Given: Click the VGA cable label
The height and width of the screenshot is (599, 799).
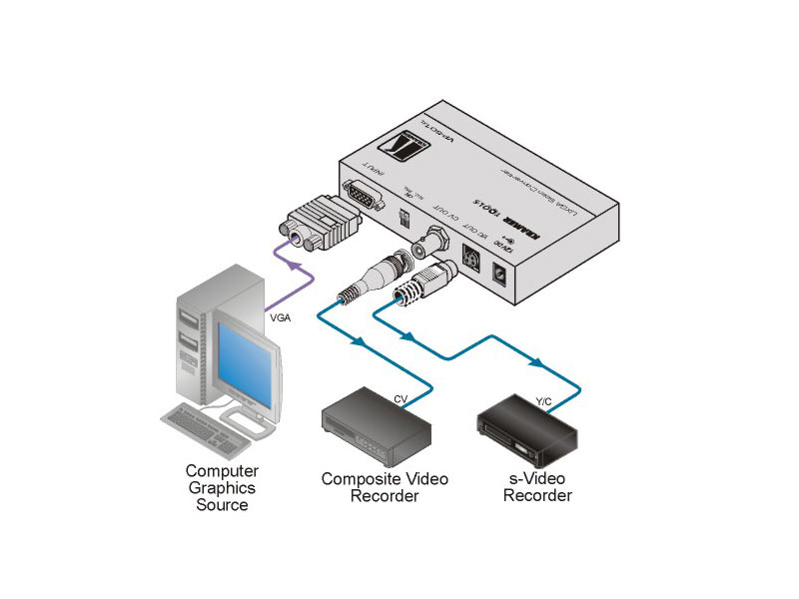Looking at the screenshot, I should (281, 317).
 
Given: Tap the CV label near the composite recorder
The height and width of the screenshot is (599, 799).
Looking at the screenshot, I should (400, 398).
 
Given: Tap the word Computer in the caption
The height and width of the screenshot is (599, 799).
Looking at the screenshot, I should (223, 470).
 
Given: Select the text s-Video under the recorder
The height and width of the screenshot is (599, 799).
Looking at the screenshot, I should (537, 479).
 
